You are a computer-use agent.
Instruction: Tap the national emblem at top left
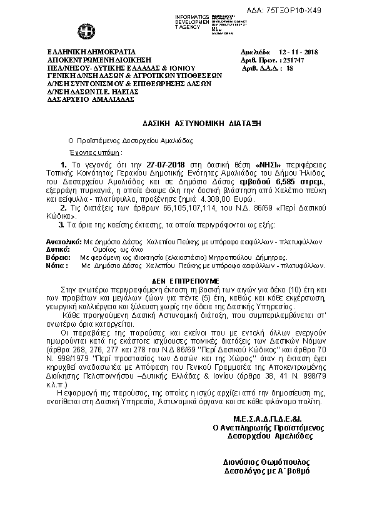click(x=82, y=30)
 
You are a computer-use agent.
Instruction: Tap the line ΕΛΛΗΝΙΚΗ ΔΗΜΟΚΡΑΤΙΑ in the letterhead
click(x=91, y=51)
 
